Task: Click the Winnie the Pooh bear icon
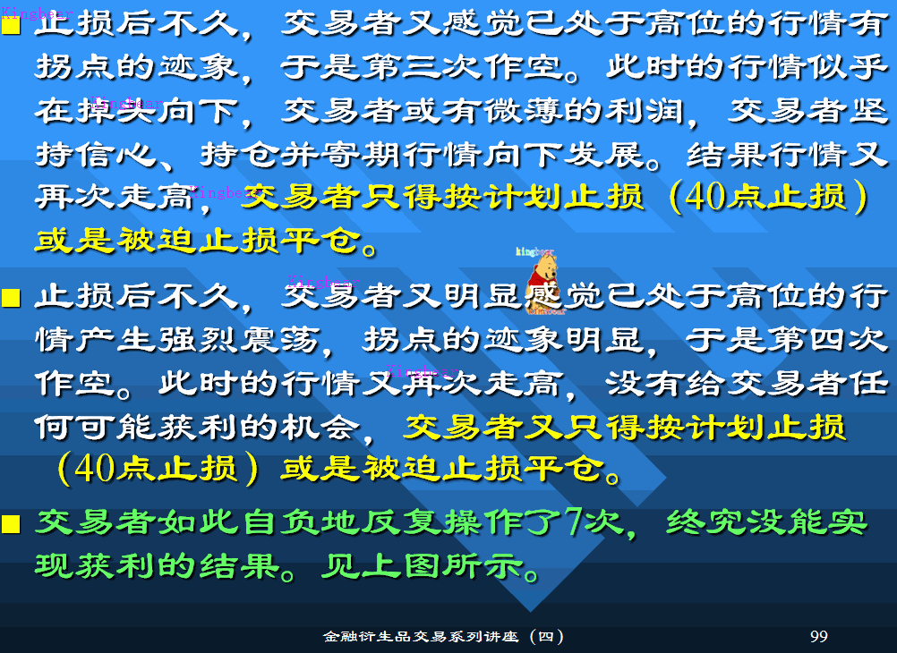[x=543, y=283]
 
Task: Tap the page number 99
[x=818, y=637]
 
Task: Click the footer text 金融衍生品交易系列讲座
[x=422, y=637]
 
